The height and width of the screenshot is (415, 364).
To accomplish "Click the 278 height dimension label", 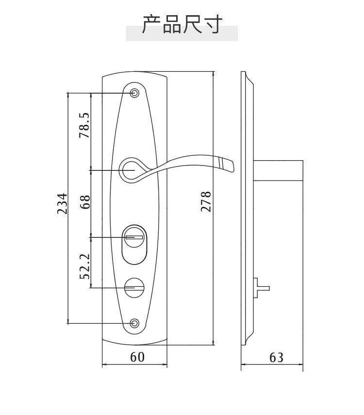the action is tap(206, 201).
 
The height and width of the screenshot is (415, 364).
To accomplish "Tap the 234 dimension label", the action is tap(63, 203).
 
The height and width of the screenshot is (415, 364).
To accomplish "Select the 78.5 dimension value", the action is tap(84, 125).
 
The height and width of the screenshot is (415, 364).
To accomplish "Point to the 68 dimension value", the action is tap(85, 202).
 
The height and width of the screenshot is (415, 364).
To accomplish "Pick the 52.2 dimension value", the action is tap(85, 266).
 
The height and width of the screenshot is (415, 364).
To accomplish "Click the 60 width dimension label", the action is tap(137, 357).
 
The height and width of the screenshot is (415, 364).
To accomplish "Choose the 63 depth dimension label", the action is tap(276, 358).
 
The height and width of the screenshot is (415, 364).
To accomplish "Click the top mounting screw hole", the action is tap(135, 93).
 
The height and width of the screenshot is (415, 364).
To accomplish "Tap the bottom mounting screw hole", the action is tap(135, 323).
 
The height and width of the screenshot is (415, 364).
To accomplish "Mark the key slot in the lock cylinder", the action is tap(134, 237).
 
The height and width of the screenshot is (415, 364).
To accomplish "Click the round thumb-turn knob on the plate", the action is tap(134, 288).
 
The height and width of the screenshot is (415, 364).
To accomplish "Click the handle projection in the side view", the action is tap(278, 170).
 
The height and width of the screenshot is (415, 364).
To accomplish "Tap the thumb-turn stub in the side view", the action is tap(262, 288).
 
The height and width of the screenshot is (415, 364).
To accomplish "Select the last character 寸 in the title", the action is tap(213, 24).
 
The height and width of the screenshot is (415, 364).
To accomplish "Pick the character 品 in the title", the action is tap(172, 24).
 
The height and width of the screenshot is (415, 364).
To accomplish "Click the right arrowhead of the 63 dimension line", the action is tap(301, 365).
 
